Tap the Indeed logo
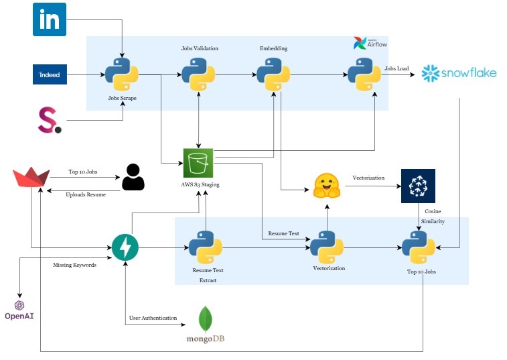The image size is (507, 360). [x=50, y=74]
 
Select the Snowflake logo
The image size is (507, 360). [x=459, y=73]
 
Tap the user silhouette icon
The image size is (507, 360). [x=133, y=178]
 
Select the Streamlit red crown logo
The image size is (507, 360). [x=31, y=180]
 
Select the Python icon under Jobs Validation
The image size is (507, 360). [x=199, y=74]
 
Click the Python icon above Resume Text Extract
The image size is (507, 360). [x=205, y=247]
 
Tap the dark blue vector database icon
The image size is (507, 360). [x=418, y=186]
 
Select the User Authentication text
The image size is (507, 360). [x=153, y=317]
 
